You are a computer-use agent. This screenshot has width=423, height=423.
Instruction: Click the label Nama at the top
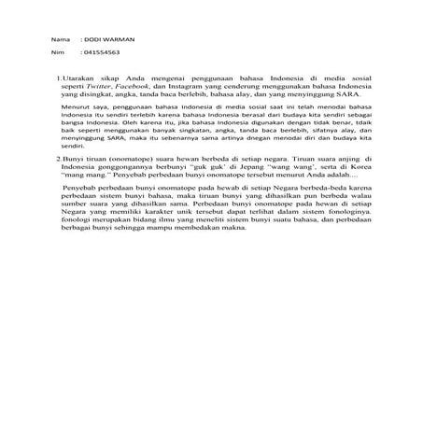(x=60, y=41)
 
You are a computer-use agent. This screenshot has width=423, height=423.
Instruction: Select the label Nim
(x=58, y=54)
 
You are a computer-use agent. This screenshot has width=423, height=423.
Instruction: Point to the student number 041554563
(x=100, y=54)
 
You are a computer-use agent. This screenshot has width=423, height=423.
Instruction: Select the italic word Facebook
(x=130, y=94)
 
